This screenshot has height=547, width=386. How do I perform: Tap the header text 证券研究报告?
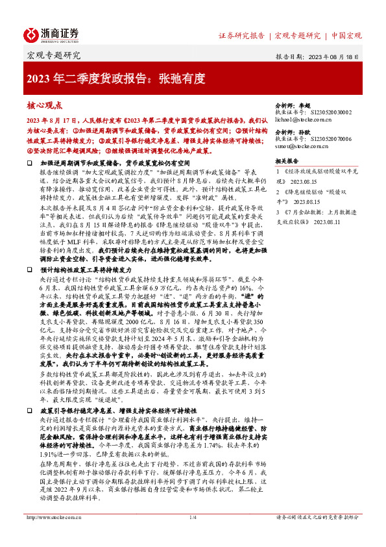pos(241,34)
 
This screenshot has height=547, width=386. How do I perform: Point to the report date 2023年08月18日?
pos(332,57)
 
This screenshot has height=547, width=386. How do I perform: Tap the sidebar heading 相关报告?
pos(286,160)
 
